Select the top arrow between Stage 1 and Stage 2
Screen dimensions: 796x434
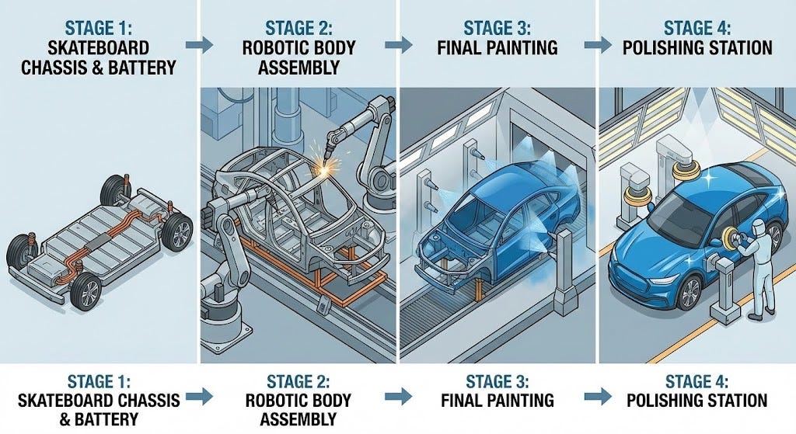click(x=200, y=44)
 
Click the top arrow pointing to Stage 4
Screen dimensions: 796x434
click(x=598, y=44)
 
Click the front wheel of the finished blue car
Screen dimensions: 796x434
click(x=689, y=290)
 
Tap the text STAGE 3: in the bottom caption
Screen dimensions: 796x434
click(x=497, y=381)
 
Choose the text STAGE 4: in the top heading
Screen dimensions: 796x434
click(x=697, y=29)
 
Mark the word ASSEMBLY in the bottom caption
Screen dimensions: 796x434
click(x=298, y=419)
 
